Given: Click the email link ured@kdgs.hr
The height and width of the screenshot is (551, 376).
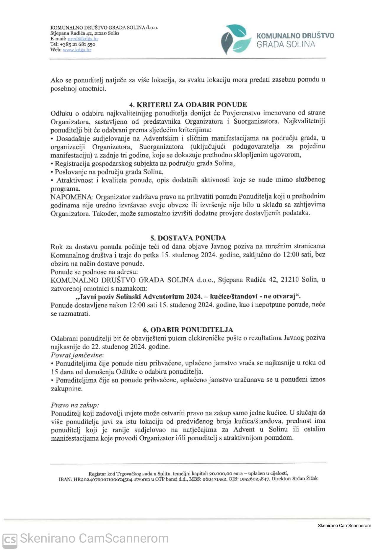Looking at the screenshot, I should (x=83, y=39).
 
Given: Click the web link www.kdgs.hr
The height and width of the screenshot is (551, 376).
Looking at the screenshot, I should (x=77, y=50).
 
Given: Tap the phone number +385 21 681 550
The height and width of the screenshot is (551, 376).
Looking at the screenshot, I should (x=77, y=44).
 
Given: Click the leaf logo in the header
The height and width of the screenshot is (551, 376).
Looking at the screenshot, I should (x=234, y=39).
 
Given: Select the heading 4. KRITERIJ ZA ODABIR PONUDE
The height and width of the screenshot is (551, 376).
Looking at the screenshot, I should (x=188, y=104).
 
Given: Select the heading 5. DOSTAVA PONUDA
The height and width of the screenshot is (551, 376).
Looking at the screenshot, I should (x=188, y=238).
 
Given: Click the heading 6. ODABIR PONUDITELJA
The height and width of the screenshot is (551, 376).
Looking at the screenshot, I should (x=188, y=330).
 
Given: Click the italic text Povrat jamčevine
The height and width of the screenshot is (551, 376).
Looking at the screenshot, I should (x=77, y=355).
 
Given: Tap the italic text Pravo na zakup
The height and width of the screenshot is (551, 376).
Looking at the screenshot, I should (x=75, y=405).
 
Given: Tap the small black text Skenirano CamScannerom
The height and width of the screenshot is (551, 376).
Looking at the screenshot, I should (x=344, y=525).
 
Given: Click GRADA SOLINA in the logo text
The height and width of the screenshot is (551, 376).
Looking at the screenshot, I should (x=286, y=45).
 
